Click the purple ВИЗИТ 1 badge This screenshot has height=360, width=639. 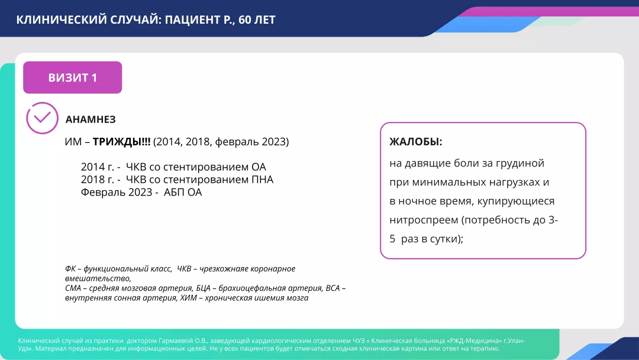point(73,78)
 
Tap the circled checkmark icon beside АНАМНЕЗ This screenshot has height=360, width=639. point(42,118)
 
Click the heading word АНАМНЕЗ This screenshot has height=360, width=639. point(91,120)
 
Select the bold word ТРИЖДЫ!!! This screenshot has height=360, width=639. point(121,142)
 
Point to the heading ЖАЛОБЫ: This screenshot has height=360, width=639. point(416,142)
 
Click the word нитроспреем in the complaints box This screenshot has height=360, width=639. point(424,220)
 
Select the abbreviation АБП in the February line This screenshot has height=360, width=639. point(174,192)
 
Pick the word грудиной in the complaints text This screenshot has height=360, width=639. point(520,163)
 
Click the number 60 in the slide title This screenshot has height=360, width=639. point(244,20)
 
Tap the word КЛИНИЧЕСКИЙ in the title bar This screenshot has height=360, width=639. point(62,20)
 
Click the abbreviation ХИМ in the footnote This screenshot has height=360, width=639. point(188,298)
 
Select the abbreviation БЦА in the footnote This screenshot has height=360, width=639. point(203,288)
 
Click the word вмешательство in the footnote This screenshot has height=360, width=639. point(98,279)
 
